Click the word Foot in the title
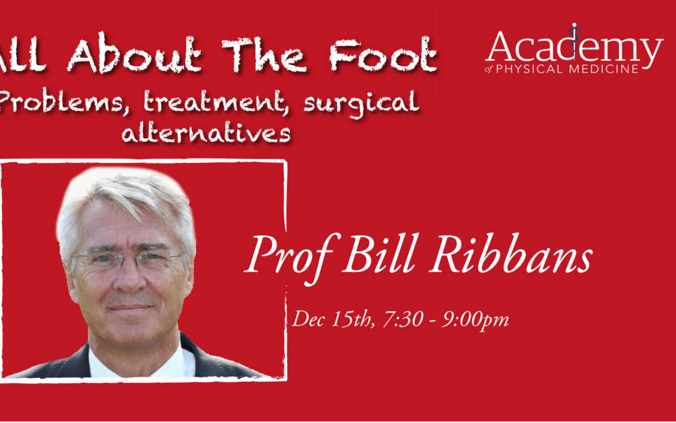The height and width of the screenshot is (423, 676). coord(383,54)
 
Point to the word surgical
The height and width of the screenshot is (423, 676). coord(362,103)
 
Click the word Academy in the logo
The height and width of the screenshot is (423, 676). coord(574,46)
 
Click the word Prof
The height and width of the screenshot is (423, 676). coord(292,258)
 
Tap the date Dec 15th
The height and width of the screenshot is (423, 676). coord(333,319)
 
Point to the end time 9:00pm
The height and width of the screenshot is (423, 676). coord(474,320)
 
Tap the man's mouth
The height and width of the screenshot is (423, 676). coord(131,308)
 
